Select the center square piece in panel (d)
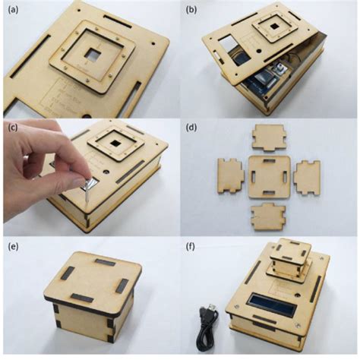[270, 175]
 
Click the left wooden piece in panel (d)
[231, 174]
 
